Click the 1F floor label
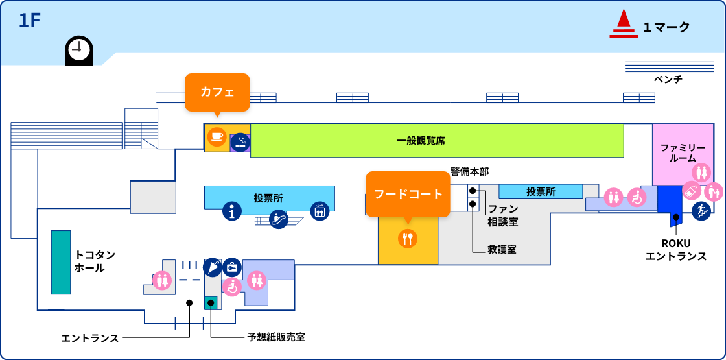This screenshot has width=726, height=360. click(30, 21)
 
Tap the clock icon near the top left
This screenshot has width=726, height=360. click(79, 49)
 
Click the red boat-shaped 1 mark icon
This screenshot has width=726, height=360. click(623, 25)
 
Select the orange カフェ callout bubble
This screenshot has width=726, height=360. click(217, 92)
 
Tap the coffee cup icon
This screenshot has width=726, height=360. click(217, 137)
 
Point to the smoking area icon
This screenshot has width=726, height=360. click(240, 142)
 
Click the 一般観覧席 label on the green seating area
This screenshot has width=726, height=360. click(421, 140)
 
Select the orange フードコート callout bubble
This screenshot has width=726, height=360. click(408, 193)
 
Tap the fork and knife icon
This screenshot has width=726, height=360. click(408, 238)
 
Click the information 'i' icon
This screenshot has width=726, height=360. click(232, 211)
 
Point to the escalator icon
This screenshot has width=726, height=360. click(279, 219)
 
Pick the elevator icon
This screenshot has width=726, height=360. click(320, 211)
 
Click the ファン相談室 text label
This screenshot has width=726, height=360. click(503, 215)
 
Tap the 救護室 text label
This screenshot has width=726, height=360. click(502, 249)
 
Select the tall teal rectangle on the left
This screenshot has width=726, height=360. click(61, 262)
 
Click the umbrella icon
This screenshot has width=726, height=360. click(213, 267)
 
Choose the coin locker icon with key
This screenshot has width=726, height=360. click(232, 267)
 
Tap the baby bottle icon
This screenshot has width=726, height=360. click(692, 191)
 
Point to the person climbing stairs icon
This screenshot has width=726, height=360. click(701, 211)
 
